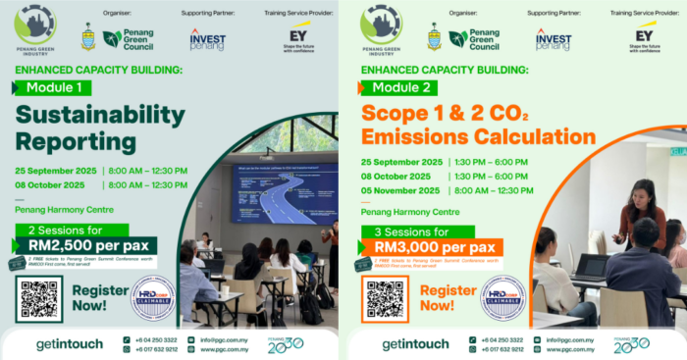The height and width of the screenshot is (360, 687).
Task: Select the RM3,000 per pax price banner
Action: tap(432, 247)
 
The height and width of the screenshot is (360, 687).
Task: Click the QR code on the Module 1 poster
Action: tap(38, 298)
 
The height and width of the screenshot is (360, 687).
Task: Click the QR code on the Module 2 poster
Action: tap(385, 298)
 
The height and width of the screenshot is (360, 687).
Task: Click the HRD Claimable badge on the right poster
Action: tap(502, 298)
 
